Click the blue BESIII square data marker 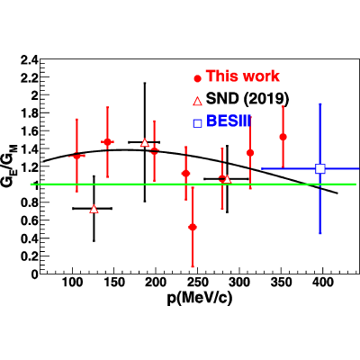pyautogui.click(x=320, y=168)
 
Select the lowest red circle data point pyautogui.click(x=193, y=227)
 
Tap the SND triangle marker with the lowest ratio pyautogui.click(x=94, y=209)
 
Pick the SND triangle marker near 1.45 pyautogui.click(x=145, y=142)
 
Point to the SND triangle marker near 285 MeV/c pyautogui.click(x=228, y=179)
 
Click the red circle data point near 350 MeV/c pyautogui.click(x=283, y=137)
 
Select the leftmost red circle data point pyautogui.click(x=76, y=156)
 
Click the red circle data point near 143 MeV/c pyautogui.click(x=107, y=141)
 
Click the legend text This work pyautogui.click(x=242, y=76)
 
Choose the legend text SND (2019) pyautogui.click(x=247, y=98)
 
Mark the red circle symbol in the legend pyautogui.click(x=197, y=78)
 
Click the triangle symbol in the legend pyautogui.click(x=197, y=101)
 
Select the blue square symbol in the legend pyautogui.click(x=197, y=123)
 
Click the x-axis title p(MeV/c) pyautogui.click(x=200, y=299)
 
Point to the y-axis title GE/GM pyautogui.click(x=10, y=166)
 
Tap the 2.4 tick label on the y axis pyautogui.click(x=29, y=60)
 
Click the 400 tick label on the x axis pyautogui.click(x=323, y=282)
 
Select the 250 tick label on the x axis pyautogui.click(x=198, y=282)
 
